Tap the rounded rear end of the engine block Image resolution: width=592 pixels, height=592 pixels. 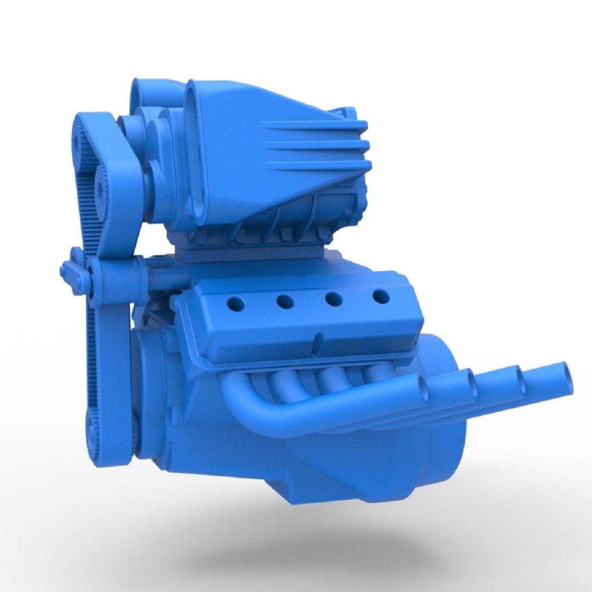coord(444,417)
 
